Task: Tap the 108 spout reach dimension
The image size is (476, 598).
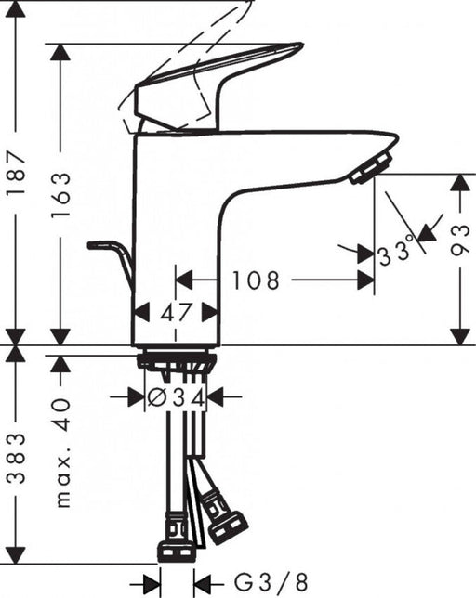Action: point(257,279)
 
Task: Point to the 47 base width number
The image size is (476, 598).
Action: point(176,313)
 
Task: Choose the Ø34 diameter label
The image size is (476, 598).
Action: point(176,397)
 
